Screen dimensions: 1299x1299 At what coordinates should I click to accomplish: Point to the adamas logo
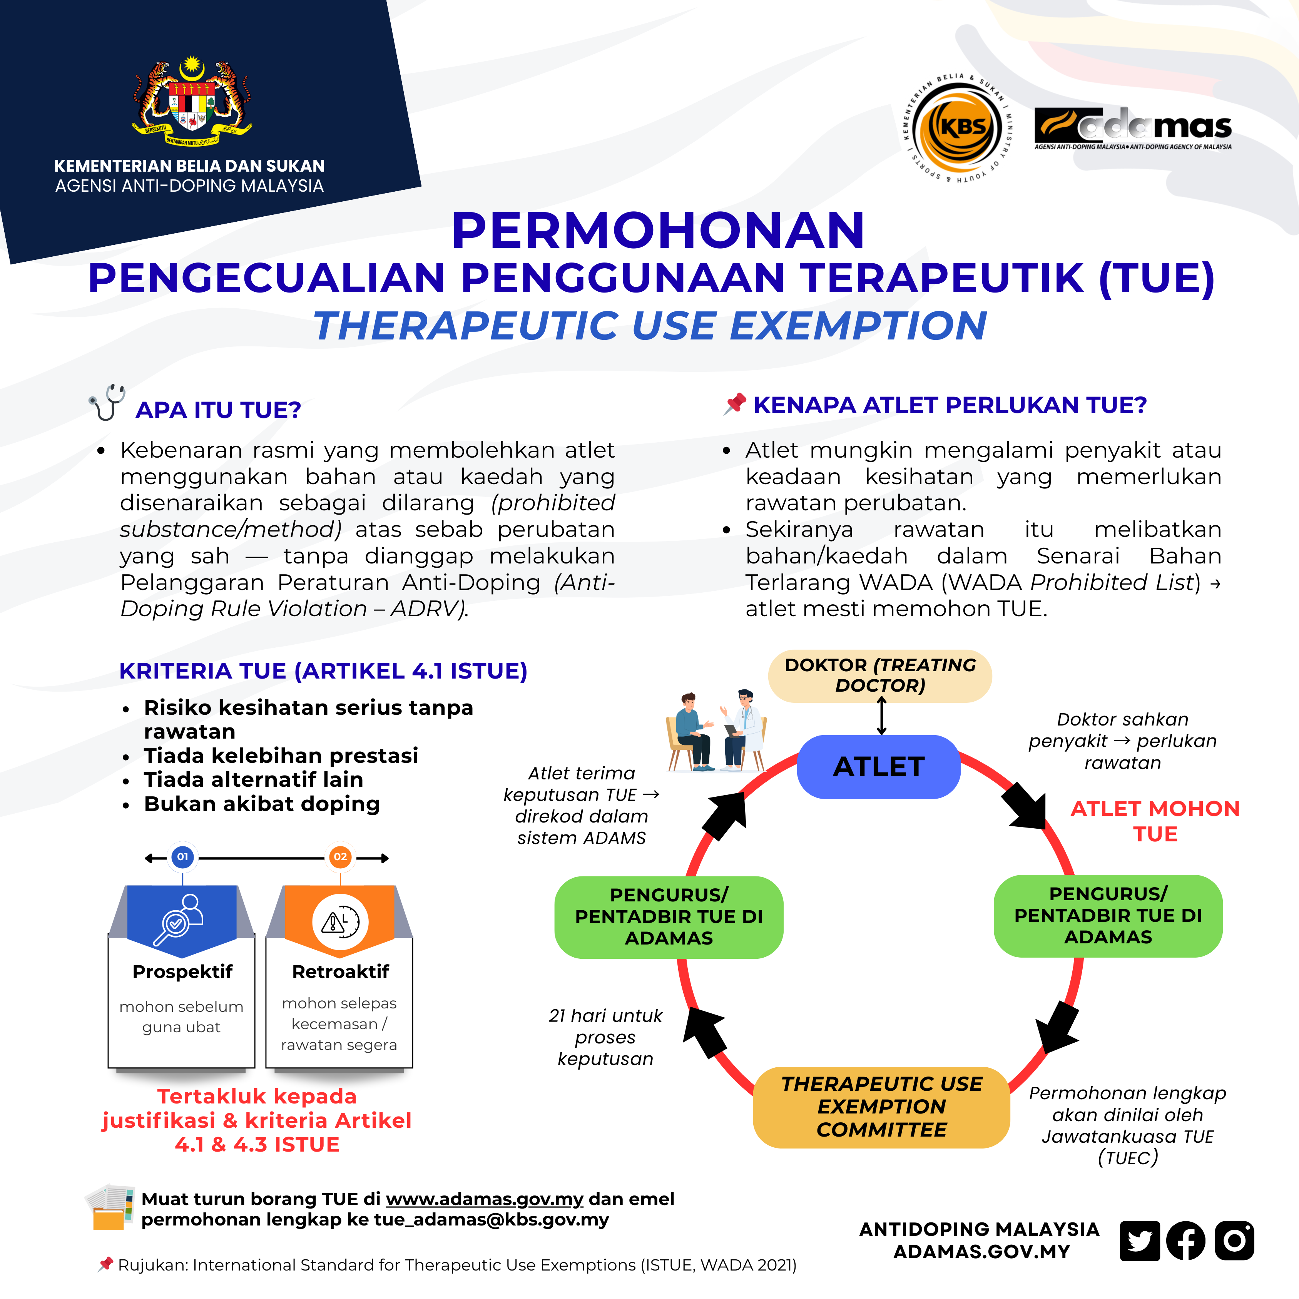click(x=1133, y=128)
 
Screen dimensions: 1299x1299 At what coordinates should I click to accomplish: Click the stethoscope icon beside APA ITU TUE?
click(x=108, y=402)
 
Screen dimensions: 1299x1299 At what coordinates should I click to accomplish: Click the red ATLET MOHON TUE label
click(x=1155, y=821)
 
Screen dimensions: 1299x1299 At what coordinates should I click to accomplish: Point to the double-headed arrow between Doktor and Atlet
click(x=881, y=716)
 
